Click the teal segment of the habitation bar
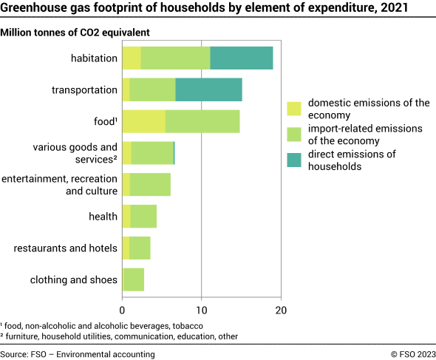pos(242,58)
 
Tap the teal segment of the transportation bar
pos(208,89)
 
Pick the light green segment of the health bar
pos(143,217)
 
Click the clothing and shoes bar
pos(133,279)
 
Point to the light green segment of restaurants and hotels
pos(140,248)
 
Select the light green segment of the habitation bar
pos(175,58)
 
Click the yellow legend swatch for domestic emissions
pos(294,109)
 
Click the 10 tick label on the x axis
pos(201,311)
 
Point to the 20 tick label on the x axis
pos(280,311)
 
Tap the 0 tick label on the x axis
pos(122,311)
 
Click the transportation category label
pos(84,89)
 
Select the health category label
pos(103,217)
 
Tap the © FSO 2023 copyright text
pos(410,354)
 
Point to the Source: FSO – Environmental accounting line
pos(78,354)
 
